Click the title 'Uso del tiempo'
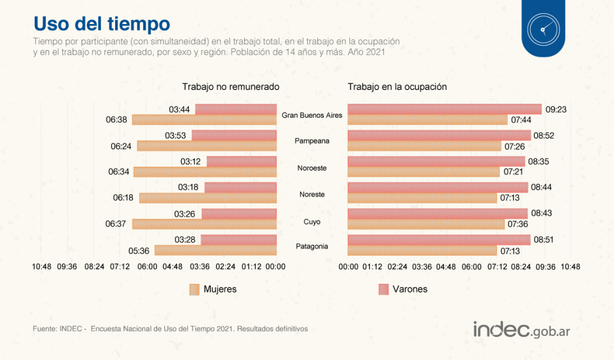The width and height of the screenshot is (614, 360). [x=101, y=23]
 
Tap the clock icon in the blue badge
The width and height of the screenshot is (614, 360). [x=543, y=29]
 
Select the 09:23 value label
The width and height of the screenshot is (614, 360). [x=556, y=109]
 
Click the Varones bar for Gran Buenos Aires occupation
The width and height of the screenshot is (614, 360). [x=444, y=109]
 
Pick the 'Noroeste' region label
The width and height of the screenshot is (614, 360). [x=312, y=168]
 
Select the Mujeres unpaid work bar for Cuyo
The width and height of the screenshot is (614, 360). [x=204, y=224]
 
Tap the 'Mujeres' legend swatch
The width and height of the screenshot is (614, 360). [x=194, y=289]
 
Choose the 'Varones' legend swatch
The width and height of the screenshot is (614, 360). [x=383, y=289]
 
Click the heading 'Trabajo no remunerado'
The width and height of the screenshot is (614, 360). [x=231, y=87]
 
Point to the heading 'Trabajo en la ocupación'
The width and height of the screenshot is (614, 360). [x=397, y=87]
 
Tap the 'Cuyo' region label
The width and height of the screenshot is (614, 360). [x=312, y=222]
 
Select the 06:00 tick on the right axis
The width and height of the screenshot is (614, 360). [x=471, y=266]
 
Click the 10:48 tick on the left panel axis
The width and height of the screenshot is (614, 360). [x=43, y=266]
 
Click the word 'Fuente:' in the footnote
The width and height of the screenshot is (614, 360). [x=45, y=329]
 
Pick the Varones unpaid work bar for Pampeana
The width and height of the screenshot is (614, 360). [x=234, y=136]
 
